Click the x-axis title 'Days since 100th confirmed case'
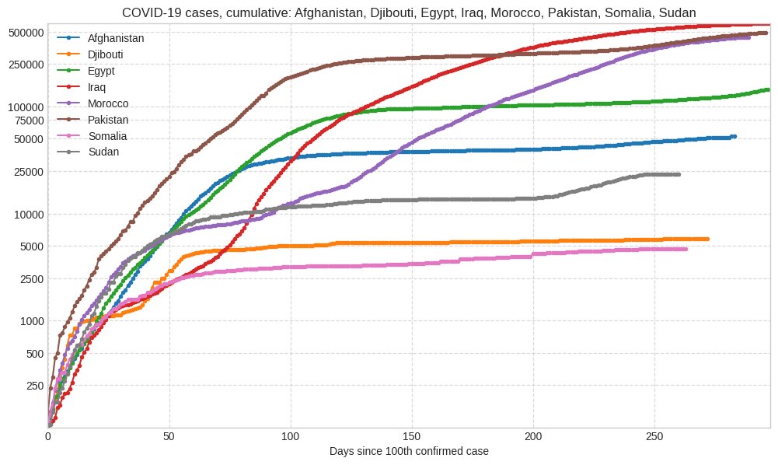(409, 451)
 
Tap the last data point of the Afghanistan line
(734, 137)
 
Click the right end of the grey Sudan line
(679, 174)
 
